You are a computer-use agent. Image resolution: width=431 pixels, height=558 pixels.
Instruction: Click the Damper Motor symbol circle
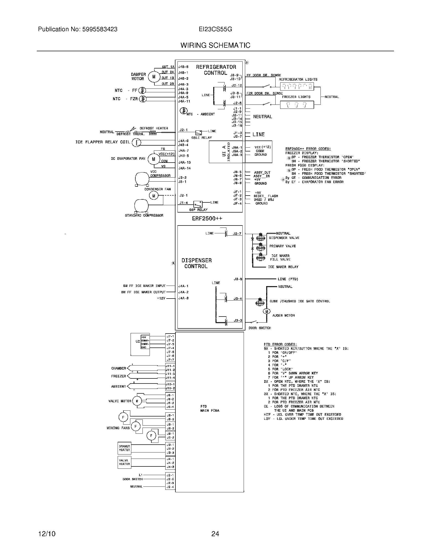(x=154, y=76)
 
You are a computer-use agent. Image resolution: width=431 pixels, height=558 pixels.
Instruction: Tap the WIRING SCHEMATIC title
(x=215, y=45)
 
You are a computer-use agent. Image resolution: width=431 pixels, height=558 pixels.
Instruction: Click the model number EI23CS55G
(x=215, y=29)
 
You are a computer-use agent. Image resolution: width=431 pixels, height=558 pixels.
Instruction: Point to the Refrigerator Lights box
(x=296, y=86)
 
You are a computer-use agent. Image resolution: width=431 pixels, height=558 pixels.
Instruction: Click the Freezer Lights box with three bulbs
(x=297, y=104)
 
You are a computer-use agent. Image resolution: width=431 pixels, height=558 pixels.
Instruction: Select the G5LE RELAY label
(x=202, y=137)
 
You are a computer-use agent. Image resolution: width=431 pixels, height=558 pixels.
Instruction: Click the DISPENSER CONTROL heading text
(x=196, y=263)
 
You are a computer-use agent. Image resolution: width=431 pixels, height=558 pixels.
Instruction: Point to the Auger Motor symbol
(x=266, y=311)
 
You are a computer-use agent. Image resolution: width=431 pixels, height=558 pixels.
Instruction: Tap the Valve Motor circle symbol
(x=137, y=401)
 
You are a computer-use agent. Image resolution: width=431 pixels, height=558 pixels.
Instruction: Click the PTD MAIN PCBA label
(x=210, y=408)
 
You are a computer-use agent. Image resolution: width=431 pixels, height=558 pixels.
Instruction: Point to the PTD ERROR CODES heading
(x=280, y=344)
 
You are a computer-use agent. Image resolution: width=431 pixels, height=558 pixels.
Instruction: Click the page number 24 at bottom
(x=215, y=534)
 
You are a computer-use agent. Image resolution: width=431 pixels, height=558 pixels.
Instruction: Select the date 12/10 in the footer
(x=47, y=534)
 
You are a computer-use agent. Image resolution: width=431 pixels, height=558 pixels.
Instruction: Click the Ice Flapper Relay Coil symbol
(x=136, y=143)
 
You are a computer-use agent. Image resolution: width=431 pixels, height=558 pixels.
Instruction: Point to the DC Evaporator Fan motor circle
(x=153, y=159)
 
